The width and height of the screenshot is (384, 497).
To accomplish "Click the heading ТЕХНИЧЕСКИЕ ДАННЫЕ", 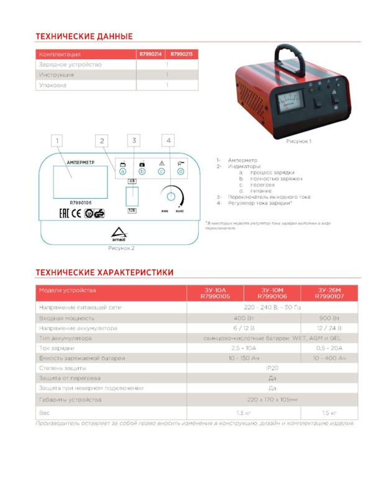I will [84, 37].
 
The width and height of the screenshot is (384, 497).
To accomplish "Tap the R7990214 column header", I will [150, 54].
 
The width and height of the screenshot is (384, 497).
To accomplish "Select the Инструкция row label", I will [57, 75].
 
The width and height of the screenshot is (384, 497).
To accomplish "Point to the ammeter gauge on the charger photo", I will [288, 99].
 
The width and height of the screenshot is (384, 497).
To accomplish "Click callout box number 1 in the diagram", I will [57, 141].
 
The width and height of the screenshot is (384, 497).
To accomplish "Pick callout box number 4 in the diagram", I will [169, 141].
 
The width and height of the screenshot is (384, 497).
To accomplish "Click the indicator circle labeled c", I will [161, 171].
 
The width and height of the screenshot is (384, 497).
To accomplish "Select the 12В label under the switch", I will [132, 211].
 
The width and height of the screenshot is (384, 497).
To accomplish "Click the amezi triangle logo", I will [118, 235].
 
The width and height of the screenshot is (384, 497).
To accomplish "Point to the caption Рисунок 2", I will [121, 248].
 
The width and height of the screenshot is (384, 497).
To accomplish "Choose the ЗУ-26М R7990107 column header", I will [327, 293].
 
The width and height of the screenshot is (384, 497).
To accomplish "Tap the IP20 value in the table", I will [272, 368].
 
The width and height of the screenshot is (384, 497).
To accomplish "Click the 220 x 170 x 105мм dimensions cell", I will [272, 399].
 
